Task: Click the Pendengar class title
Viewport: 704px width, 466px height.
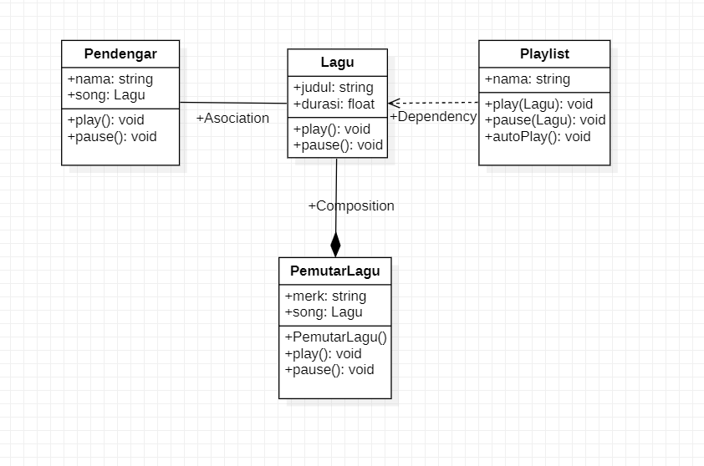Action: [x=120, y=54]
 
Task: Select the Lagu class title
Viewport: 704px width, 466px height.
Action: [x=337, y=63]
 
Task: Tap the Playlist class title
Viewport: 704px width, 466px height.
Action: [x=544, y=54]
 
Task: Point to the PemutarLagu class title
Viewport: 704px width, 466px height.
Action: [x=334, y=271]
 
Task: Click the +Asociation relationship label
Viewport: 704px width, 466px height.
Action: [x=232, y=119]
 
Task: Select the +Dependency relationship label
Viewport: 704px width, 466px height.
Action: [x=433, y=117]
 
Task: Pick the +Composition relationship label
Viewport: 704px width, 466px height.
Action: [x=351, y=206]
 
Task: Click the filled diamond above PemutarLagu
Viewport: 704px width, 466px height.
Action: [x=335, y=244]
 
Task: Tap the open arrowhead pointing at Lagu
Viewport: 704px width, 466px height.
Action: [x=394, y=103]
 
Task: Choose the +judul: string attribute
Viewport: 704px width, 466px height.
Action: [x=333, y=88]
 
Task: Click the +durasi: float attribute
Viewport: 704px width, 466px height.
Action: [x=334, y=104]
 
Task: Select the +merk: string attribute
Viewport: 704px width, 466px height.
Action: [x=325, y=296]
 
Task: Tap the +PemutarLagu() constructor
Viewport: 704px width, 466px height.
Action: [x=335, y=337]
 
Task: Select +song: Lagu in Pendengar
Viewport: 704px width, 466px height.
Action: [x=105, y=95]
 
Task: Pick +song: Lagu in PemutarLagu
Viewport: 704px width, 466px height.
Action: [x=323, y=312]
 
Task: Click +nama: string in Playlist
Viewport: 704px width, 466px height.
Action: [x=527, y=79]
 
